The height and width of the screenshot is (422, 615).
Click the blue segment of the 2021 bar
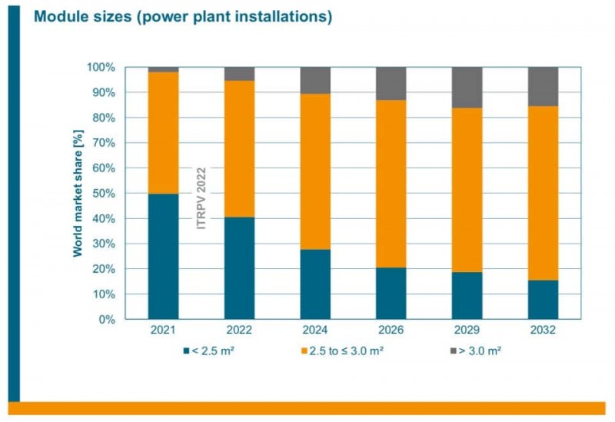pyautogui.click(x=163, y=256)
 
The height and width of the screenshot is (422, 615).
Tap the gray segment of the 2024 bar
pyautogui.click(x=315, y=80)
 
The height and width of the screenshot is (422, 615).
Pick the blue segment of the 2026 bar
pyautogui.click(x=391, y=293)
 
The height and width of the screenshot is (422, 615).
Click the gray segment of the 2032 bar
pyautogui.click(x=543, y=86)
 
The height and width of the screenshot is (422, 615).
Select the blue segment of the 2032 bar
pyautogui.click(x=543, y=299)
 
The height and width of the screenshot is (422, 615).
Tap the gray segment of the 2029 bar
pyautogui.click(x=467, y=87)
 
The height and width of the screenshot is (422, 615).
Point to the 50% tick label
pyautogui.click(x=103, y=193)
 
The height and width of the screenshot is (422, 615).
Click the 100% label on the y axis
pyautogui.click(x=101, y=68)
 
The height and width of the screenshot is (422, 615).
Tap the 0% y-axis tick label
pyautogui.click(x=106, y=319)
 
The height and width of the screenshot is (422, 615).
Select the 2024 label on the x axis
pyautogui.click(x=315, y=330)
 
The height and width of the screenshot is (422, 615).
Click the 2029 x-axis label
pyautogui.click(x=467, y=330)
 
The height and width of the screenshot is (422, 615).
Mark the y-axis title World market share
pyautogui.click(x=78, y=193)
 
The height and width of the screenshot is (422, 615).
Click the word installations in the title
pyautogui.click(x=281, y=17)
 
